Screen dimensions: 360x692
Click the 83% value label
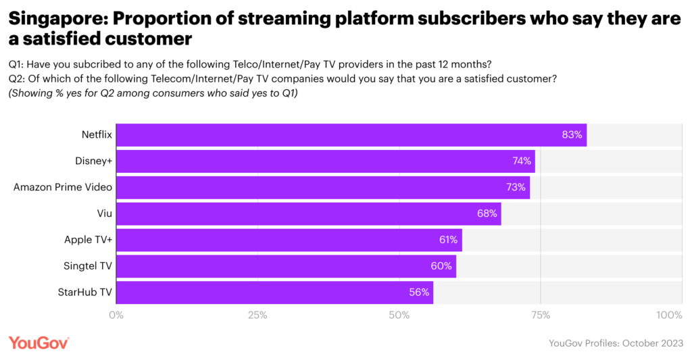pyautogui.click(x=572, y=135)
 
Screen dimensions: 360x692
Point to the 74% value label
pyautogui.click(x=520, y=161)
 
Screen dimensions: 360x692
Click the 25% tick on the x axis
pyautogui.click(x=257, y=315)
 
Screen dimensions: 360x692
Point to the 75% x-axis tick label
pyautogui.click(x=541, y=315)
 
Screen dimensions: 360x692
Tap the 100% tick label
pyautogui.click(x=670, y=315)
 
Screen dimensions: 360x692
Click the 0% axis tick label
pyautogui.click(x=116, y=315)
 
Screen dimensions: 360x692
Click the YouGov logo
pyautogui.click(x=39, y=342)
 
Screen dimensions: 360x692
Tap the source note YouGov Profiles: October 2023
pyautogui.click(x=616, y=344)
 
